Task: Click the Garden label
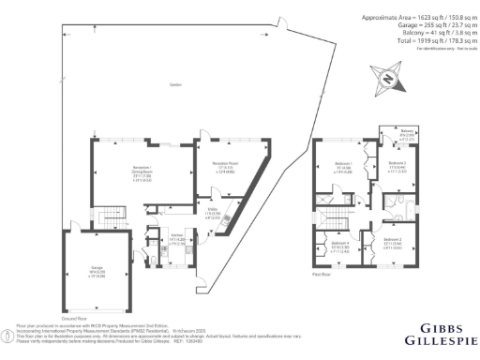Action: pos(174,84)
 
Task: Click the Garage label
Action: pos(97,272)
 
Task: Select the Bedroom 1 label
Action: pos(343,170)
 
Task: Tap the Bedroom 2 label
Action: pos(393,243)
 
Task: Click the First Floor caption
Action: pos(323,275)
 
